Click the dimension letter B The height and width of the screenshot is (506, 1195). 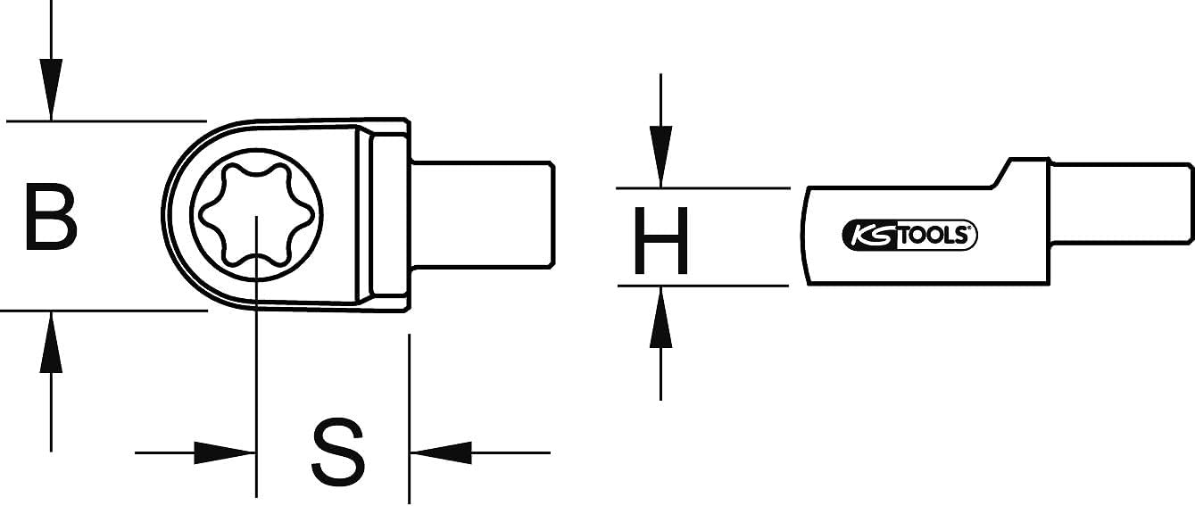point(51,217)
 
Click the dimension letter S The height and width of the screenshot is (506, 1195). point(338,452)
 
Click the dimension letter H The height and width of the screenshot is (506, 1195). point(660,240)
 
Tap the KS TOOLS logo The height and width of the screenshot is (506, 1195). point(909,236)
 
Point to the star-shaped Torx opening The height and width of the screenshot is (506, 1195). point(256,215)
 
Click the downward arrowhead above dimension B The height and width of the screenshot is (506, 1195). point(51,89)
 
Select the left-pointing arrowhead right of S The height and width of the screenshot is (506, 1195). point(441,452)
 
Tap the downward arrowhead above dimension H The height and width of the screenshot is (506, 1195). point(660,157)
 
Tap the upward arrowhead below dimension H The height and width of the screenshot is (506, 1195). point(660,317)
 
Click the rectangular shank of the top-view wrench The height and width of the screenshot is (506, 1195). point(482,214)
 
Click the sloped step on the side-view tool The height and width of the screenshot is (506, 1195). point(1000,173)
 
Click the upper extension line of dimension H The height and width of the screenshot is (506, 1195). point(702,187)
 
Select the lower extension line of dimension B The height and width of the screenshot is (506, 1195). point(104,311)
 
